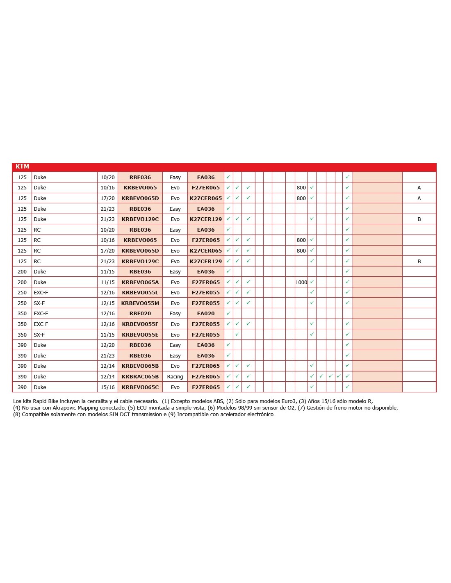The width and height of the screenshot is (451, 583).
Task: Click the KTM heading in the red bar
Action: pos(22,166)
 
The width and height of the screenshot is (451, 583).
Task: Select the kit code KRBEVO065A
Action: pos(140,282)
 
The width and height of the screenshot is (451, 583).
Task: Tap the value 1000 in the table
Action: pos(301,282)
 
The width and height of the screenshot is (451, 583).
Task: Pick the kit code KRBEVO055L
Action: pos(140,293)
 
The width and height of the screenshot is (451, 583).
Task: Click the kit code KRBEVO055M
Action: pos(140,303)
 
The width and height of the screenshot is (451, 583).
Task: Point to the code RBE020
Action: pos(140,314)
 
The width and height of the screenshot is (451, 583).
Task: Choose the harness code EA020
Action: pos(205,314)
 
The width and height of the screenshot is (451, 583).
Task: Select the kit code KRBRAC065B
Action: pos(140,376)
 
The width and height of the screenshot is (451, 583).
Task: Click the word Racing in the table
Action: pos(175,376)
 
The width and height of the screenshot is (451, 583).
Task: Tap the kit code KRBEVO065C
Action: pos(140,387)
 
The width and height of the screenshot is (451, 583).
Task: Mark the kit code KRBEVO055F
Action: pos(140,324)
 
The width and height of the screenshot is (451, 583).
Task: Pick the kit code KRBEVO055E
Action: pos(140,335)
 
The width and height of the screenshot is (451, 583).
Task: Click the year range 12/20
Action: pos(107,345)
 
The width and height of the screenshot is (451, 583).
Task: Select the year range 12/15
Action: pos(107,303)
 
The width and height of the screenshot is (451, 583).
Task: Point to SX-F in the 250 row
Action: pos(39,303)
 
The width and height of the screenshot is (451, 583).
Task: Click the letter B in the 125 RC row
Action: pos(419,261)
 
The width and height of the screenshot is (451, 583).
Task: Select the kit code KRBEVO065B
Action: pos(140,366)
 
